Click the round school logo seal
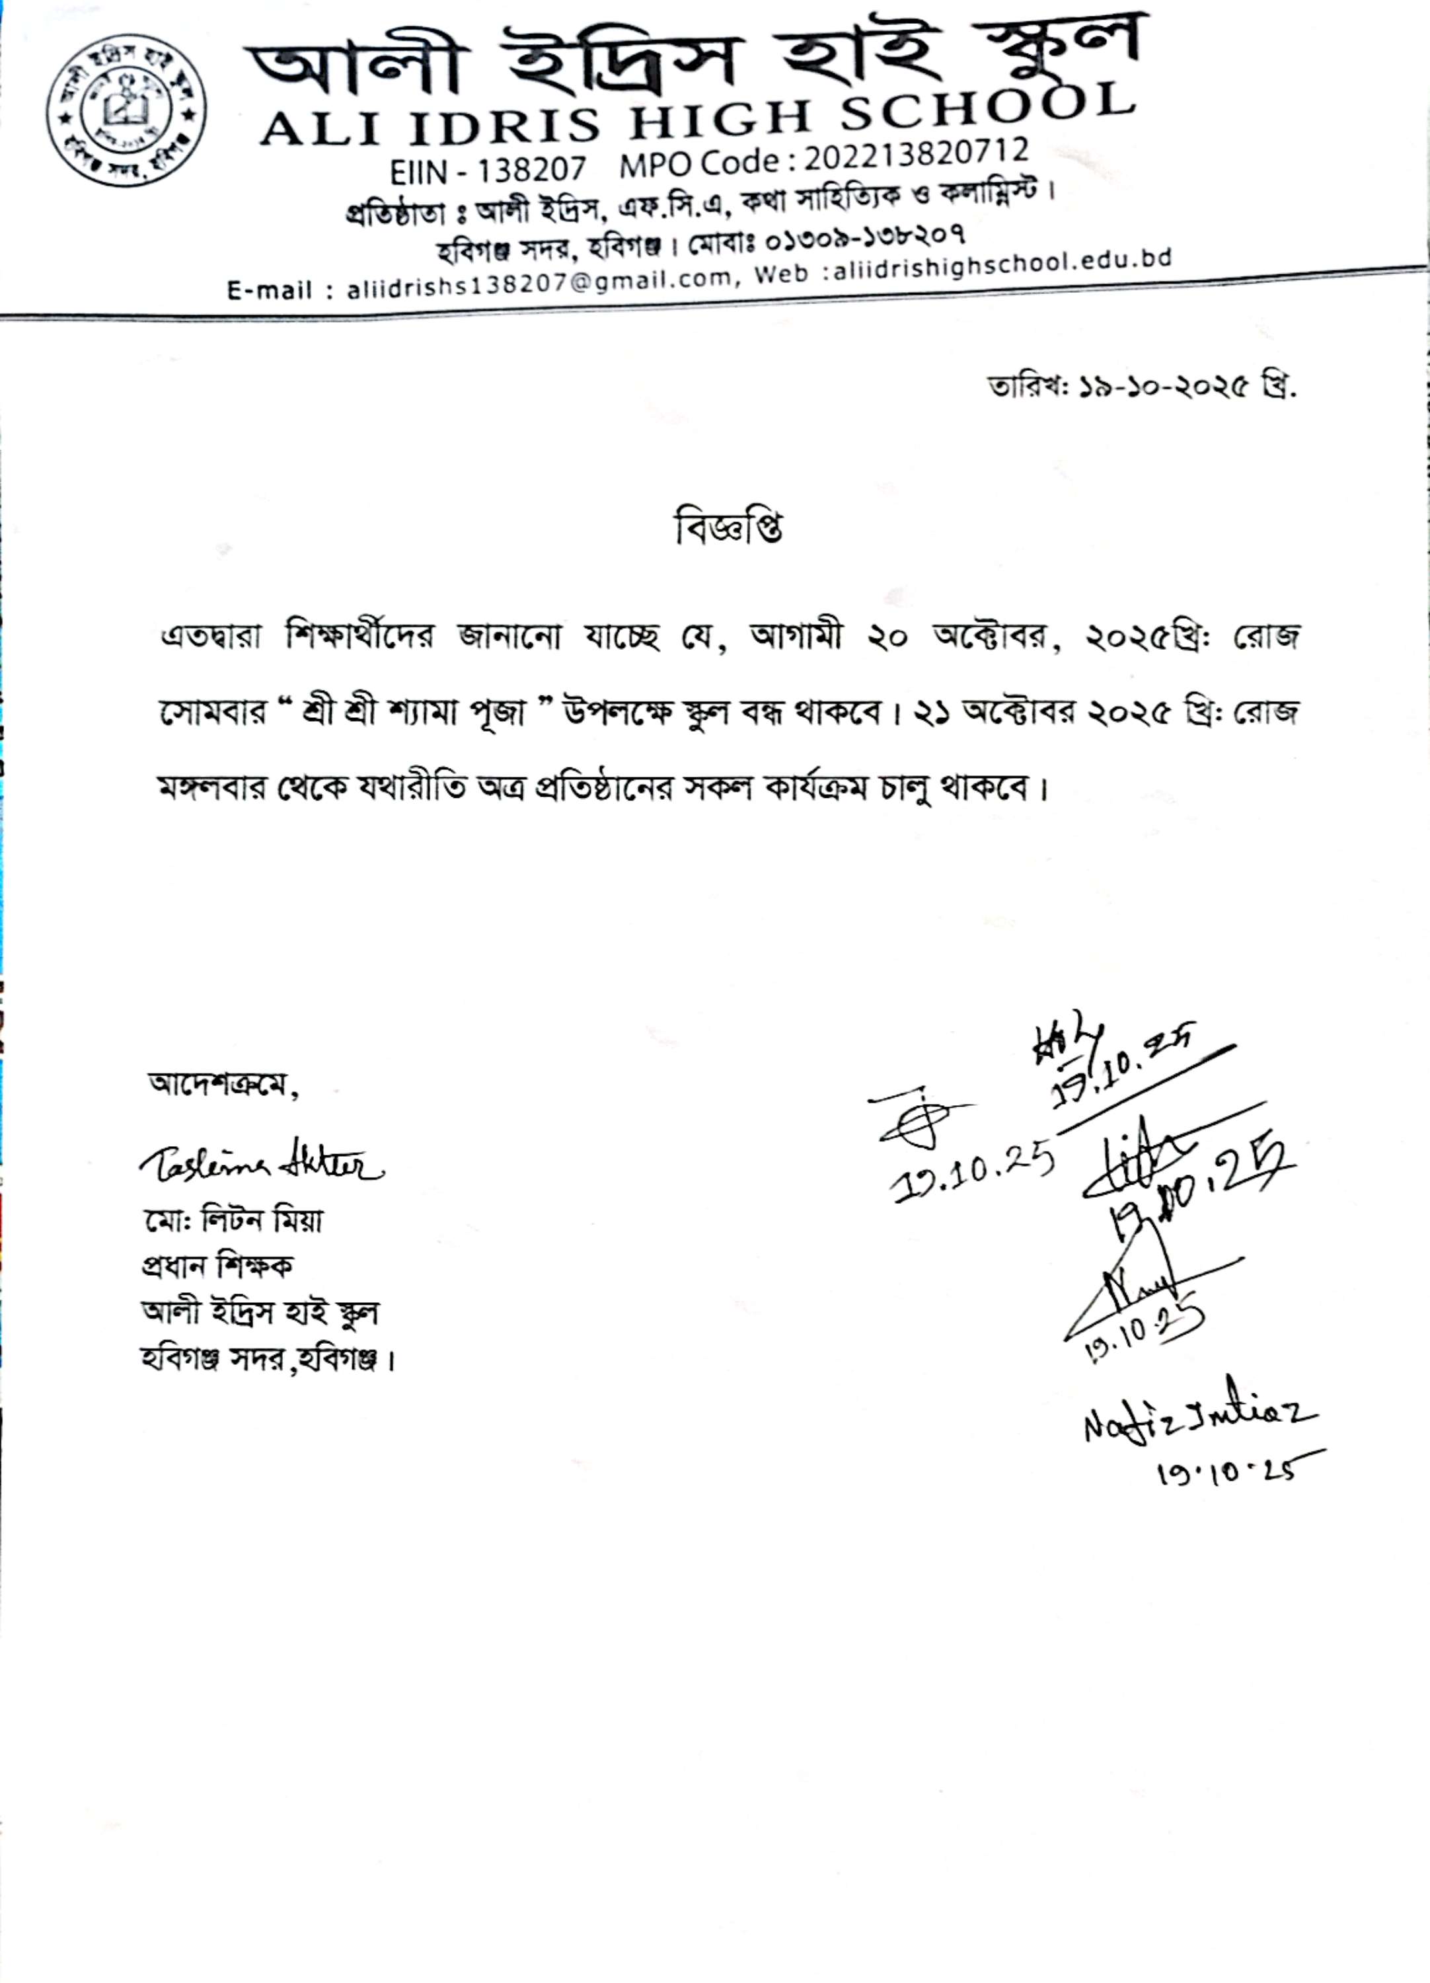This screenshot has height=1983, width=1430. point(127,108)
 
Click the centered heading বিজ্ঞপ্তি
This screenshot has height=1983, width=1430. point(728,528)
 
